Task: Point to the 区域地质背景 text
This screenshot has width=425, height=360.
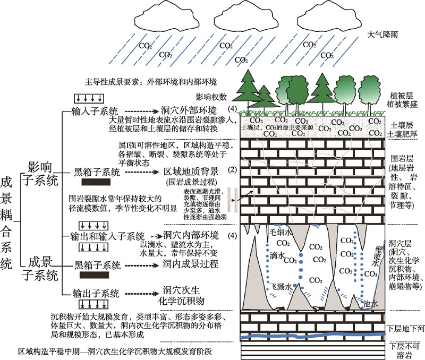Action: click(x=186, y=173)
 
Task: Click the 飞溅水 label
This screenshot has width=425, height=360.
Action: click(x=282, y=286)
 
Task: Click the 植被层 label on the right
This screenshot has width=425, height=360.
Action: click(x=402, y=93)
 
